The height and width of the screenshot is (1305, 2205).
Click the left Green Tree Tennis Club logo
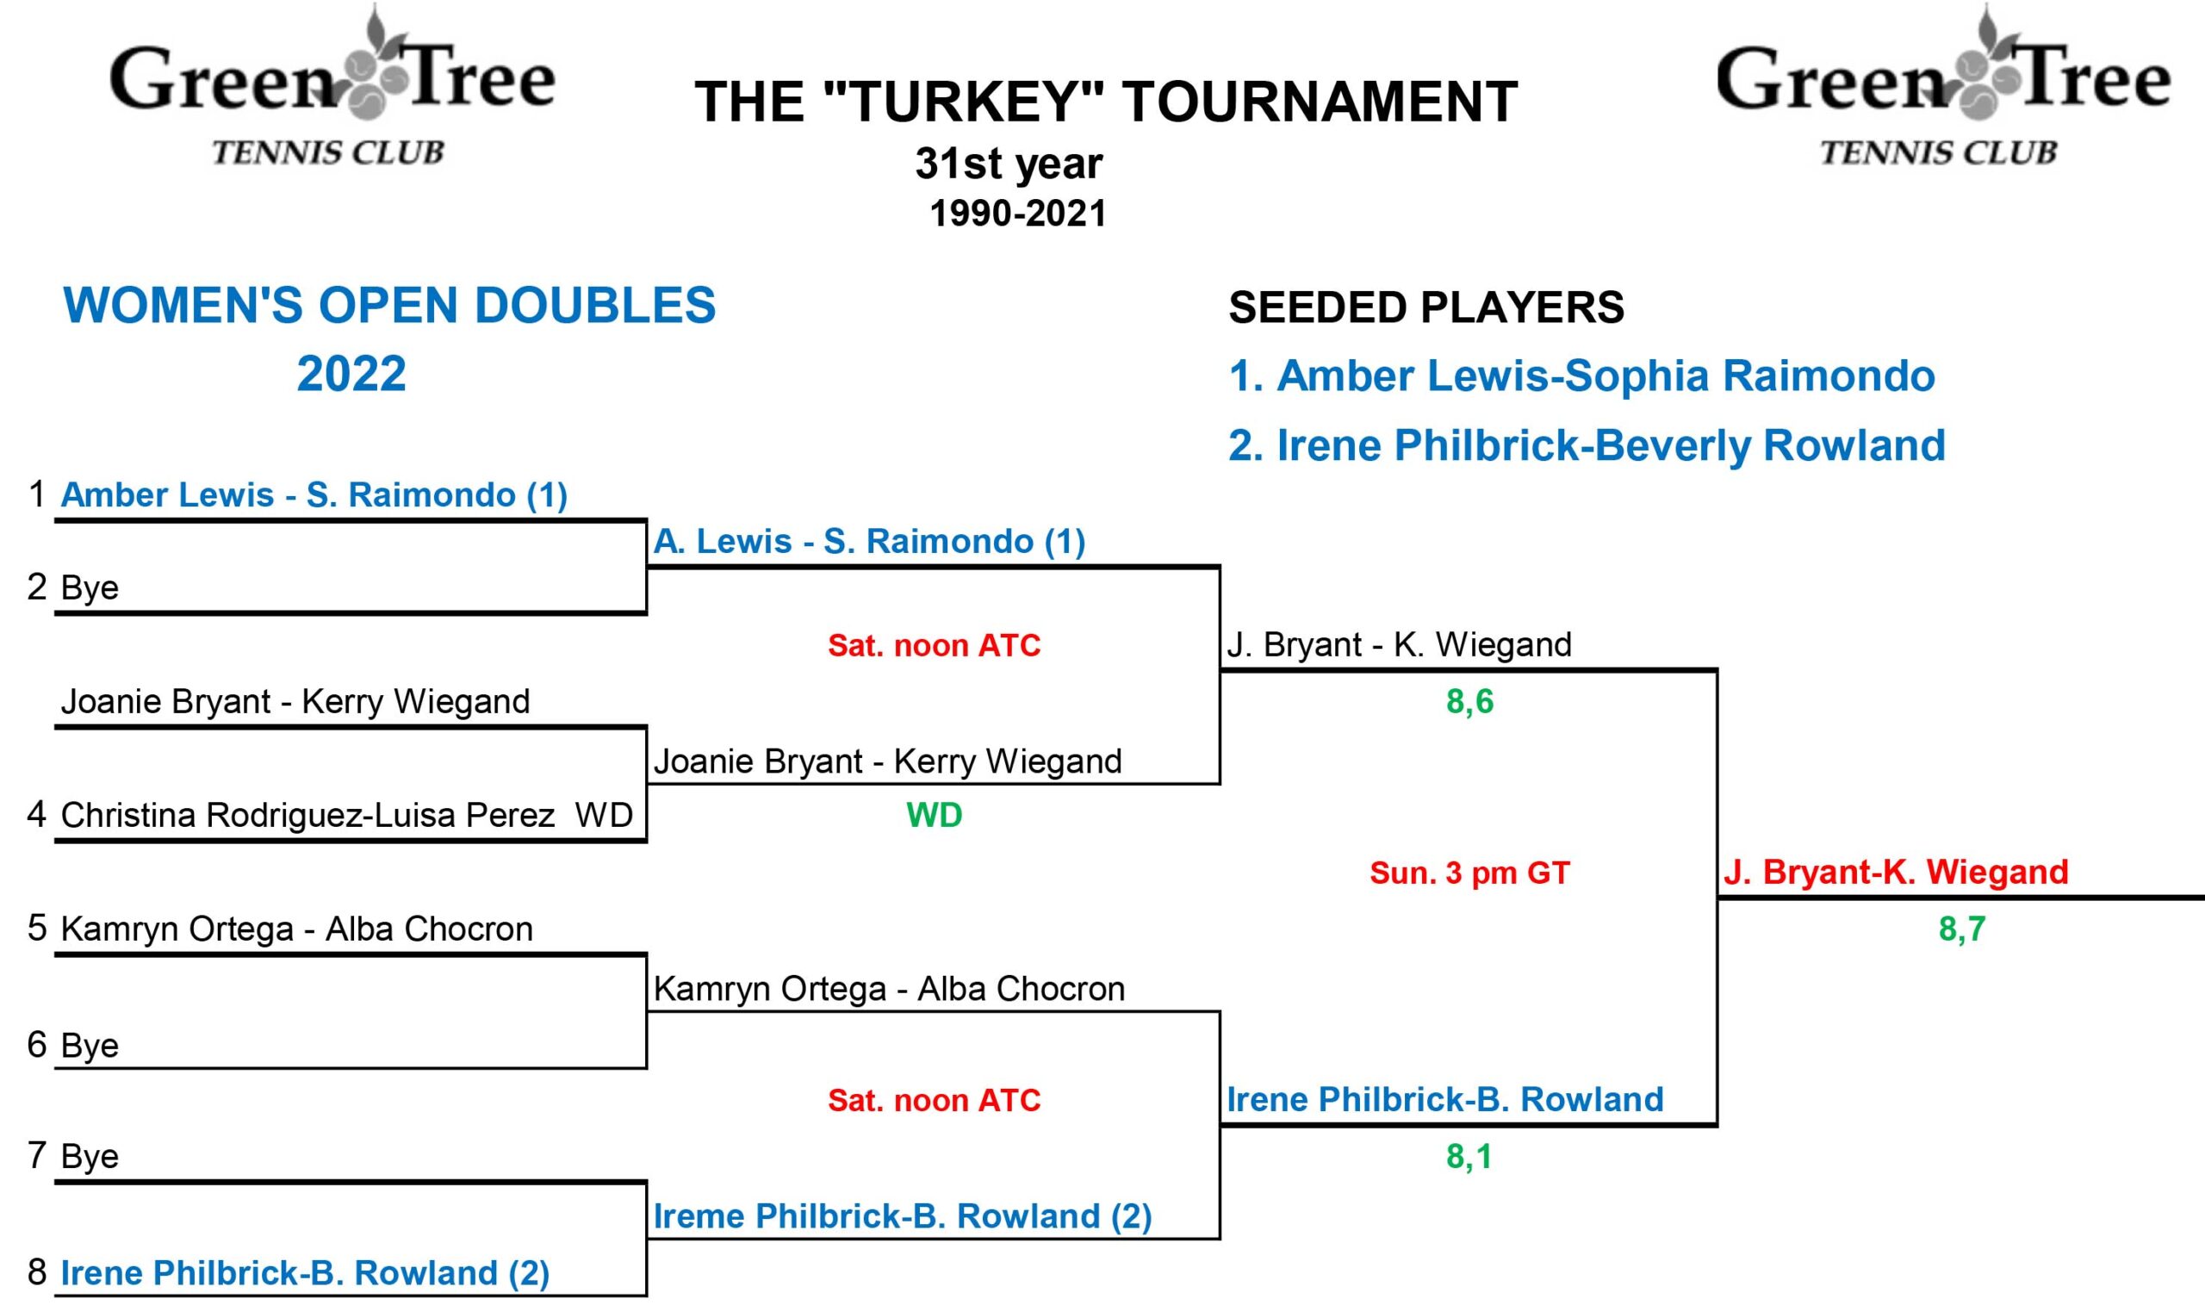[x=332, y=88]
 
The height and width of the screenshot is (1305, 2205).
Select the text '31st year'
[x=1009, y=164]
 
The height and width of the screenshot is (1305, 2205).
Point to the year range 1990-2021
[x=1017, y=214]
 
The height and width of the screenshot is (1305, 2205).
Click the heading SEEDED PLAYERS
[x=1425, y=308]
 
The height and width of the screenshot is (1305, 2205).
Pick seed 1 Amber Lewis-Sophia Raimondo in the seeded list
[x=1581, y=376]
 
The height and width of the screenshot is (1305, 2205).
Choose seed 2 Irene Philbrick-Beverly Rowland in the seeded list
[x=1586, y=445]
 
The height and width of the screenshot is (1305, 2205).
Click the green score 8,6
[x=1469, y=702]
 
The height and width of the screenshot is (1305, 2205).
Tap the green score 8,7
[x=1961, y=929]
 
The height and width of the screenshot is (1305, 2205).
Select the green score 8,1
[x=1469, y=1156]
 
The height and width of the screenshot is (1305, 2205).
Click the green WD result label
[x=934, y=815]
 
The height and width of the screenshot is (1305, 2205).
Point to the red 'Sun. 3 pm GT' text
[x=1469, y=873]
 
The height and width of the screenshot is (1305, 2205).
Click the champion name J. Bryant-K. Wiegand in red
[x=1896, y=873]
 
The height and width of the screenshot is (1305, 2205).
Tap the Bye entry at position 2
[x=89, y=587]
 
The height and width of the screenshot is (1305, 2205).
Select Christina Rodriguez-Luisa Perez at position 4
[x=307, y=815]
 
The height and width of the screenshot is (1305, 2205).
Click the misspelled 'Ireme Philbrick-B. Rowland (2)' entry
[x=902, y=1216]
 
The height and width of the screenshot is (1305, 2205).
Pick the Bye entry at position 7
[x=89, y=1155]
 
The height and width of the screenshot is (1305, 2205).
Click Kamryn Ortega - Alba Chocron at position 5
[x=296, y=929]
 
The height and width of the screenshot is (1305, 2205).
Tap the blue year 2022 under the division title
[x=351, y=374]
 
